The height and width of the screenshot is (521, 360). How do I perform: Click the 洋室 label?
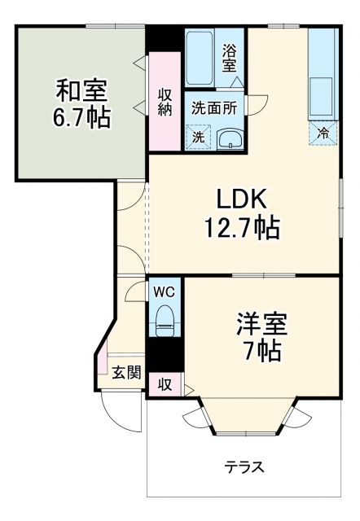pyautogui.click(x=260, y=322)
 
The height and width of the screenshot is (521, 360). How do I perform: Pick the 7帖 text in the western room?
pyautogui.click(x=260, y=352)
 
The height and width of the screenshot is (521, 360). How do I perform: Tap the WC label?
pyautogui.click(x=164, y=291)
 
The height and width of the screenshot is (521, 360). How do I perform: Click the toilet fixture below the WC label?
pyautogui.click(x=164, y=319)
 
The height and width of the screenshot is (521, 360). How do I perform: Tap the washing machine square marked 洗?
pyautogui.click(x=198, y=138)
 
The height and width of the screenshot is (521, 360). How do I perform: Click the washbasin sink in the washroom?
pyautogui.click(x=231, y=139)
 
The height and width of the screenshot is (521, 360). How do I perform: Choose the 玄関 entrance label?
pyautogui.click(x=126, y=373)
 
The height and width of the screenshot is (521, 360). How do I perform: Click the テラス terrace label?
pyautogui.click(x=244, y=467)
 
